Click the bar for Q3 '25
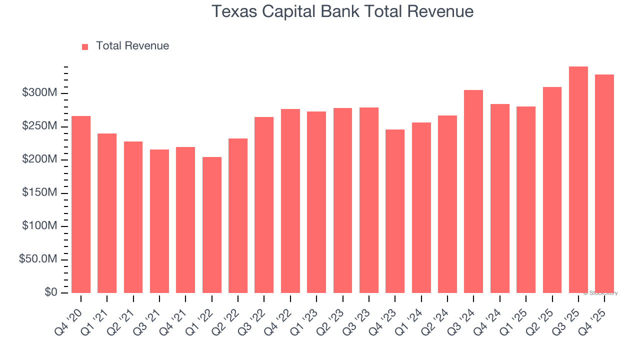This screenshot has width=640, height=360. [x=578, y=180]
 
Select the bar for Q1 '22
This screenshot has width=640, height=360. [x=211, y=225]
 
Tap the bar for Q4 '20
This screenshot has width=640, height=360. [x=81, y=204]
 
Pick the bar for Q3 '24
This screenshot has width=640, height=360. [x=473, y=191]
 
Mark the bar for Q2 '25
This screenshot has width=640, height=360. [x=552, y=190]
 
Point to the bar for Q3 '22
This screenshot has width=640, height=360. [x=264, y=205]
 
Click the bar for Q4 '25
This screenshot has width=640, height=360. [x=604, y=183]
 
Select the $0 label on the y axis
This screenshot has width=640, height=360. [x=50, y=292]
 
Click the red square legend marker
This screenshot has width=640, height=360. [x=85, y=46]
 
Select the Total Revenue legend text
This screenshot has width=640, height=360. [x=132, y=46]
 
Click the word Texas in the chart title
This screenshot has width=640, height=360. [x=231, y=11]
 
